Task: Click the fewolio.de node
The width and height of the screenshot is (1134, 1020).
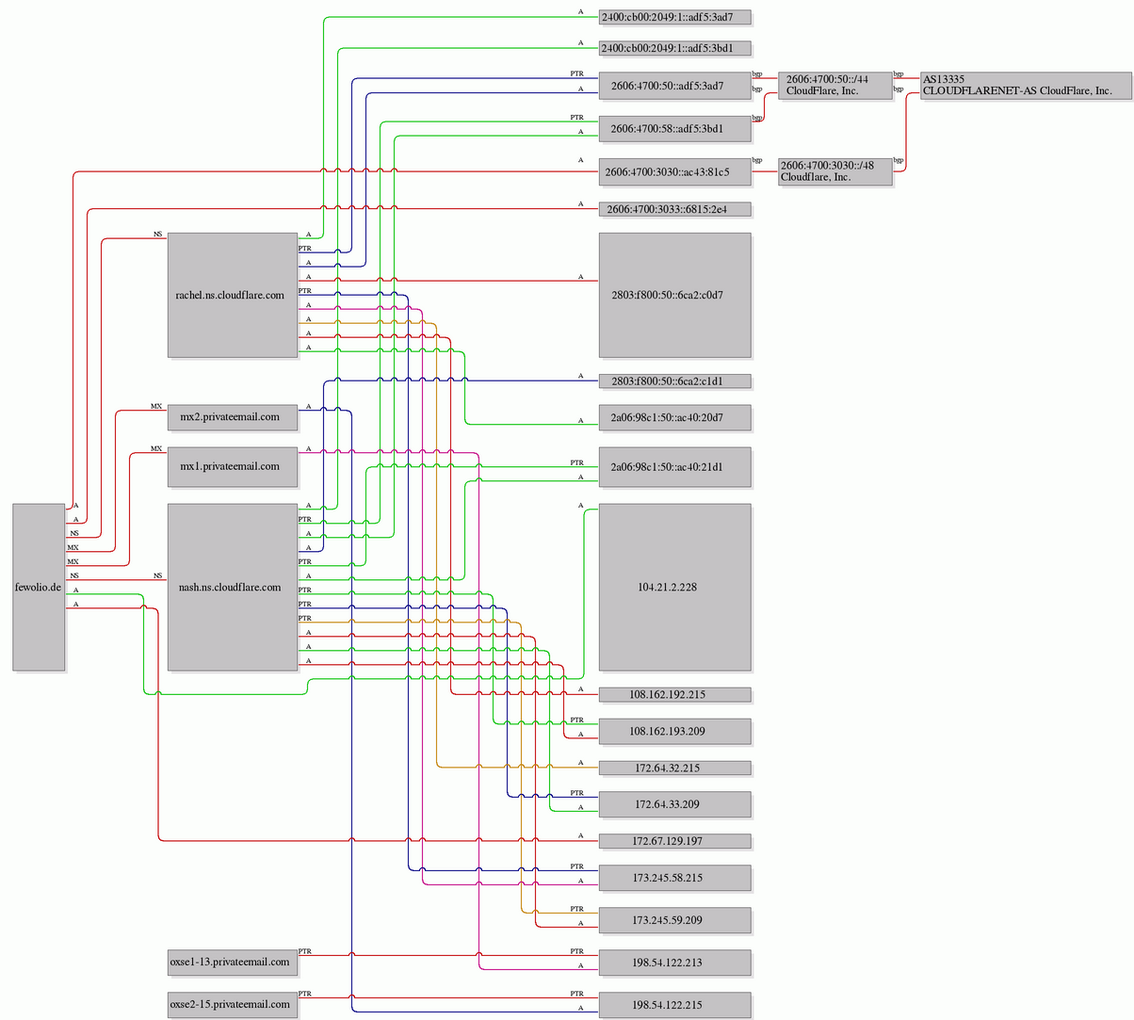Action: click(39, 587)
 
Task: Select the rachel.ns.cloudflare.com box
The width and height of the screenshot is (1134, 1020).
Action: click(233, 295)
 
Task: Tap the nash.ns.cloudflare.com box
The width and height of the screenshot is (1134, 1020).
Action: click(233, 587)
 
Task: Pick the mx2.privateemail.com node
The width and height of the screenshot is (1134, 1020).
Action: click(233, 417)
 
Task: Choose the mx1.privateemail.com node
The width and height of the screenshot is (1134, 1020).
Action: click(233, 466)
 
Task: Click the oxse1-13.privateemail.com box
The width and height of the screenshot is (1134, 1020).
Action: click(233, 962)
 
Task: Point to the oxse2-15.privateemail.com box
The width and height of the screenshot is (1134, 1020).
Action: click(233, 1004)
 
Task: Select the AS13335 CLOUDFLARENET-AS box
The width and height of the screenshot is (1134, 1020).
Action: click(1026, 86)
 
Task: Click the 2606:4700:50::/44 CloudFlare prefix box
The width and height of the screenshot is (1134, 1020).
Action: click(834, 86)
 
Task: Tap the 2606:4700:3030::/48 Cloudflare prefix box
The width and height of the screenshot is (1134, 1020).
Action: click(834, 171)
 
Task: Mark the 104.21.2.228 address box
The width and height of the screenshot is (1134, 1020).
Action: click(675, 587)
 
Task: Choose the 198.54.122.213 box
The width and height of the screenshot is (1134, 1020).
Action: click(675, 963)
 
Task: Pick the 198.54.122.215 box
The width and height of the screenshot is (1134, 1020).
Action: click(675, 1005)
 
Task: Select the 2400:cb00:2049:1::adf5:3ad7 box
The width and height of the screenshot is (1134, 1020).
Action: click(675, 17)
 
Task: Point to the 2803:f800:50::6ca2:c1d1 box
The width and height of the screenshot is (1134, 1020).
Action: click(675, 381)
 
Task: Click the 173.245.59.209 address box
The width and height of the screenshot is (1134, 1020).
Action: click(675, 920)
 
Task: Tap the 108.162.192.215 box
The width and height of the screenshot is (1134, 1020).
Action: click(675, 694)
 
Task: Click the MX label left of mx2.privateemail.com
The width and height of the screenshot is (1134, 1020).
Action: click(156, 406)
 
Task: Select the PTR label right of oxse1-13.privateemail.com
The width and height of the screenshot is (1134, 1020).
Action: click(305, 951)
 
